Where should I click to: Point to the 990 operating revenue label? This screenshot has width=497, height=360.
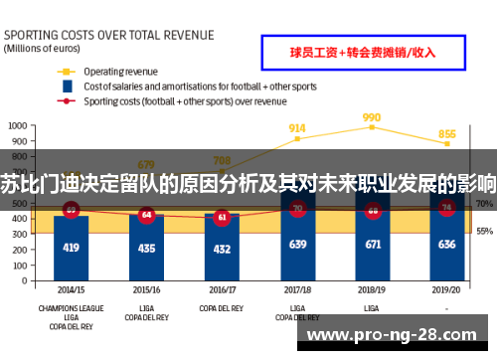coord(372,117)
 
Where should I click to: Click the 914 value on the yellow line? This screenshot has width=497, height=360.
coord(297,128)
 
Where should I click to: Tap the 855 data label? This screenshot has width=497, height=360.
coord(447,134)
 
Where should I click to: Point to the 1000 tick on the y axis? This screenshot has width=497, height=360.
coord(19,126)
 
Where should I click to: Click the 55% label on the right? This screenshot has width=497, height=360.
coord(485,231)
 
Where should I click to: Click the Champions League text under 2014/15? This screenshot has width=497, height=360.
coord(71,308)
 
